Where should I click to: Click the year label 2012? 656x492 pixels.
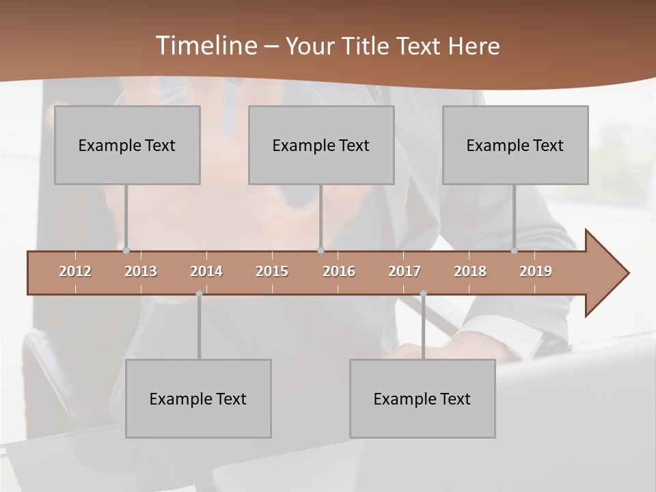click(x=75, y=271)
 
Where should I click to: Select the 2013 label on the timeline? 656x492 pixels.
click(x=141, y=271)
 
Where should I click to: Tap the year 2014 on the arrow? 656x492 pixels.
click(x=206, y=271)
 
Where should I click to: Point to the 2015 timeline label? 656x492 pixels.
click(x=272, y=271)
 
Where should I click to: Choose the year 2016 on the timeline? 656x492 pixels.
click(x=339, y=271)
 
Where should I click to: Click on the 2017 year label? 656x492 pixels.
click(x=405, y=271)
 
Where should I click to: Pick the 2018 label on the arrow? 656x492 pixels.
click(x=470, y=271)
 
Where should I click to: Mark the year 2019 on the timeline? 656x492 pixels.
click(x=536, y=271)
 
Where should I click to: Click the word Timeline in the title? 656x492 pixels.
click(x=206, y=46)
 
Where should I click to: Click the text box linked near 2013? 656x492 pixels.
click(x=127, y=145)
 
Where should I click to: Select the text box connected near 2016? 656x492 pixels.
click(x=321, y=145)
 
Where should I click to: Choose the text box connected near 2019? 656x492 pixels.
click(x=515, y=145)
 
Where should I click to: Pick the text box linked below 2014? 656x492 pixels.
click(x=198, y=398)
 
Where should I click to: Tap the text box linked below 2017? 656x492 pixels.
click(x=422, y=398)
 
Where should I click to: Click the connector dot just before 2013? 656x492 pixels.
click(x=126, y=250)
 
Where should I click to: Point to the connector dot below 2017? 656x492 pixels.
click(x=423, y=294)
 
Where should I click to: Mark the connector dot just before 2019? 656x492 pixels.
click(x=515, y=250)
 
